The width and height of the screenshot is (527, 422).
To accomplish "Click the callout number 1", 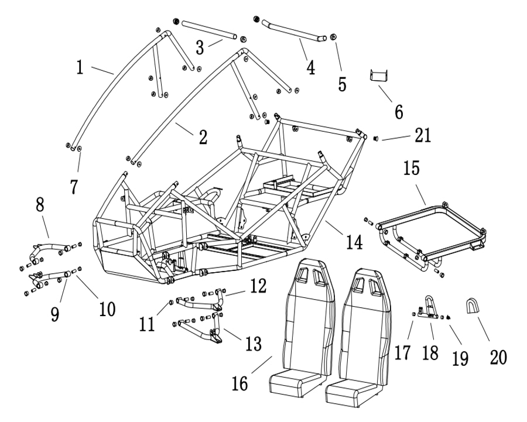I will click(80, 67).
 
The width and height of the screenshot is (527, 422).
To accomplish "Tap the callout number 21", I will click(422, 136).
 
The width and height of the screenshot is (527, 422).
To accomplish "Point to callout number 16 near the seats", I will click(240, 383).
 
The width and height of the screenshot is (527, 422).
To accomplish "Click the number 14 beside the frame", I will click(353, 241).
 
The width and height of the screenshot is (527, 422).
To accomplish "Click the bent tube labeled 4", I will click(290, 30).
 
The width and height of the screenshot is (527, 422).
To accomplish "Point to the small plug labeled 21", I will click(377, 138).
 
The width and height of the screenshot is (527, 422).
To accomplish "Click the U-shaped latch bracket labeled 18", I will click(429, 307).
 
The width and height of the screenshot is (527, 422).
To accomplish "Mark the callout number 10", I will click(107, 308).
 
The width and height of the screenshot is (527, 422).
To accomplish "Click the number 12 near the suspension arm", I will click(258, 286).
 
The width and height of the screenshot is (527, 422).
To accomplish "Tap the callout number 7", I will click(74, 187).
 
